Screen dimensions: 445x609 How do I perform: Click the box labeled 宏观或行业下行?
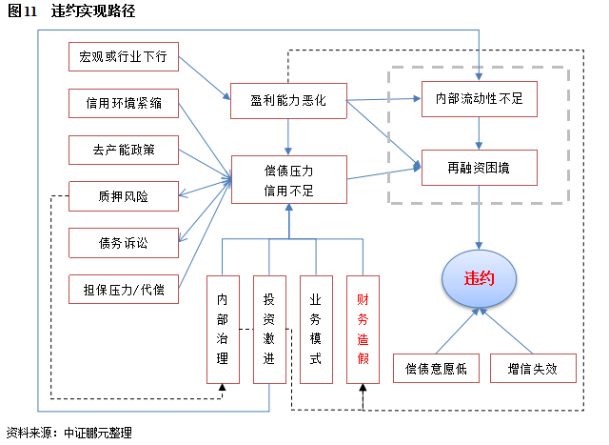124,57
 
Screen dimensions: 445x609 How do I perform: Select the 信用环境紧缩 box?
124,104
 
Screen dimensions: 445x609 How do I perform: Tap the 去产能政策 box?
124,151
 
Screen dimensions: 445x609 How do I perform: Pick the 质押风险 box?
124,196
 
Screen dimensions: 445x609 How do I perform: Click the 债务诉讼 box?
124,242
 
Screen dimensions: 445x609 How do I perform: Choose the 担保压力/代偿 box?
124,289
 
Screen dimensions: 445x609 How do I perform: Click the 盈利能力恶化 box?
288,100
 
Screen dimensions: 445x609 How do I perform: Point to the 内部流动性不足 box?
480,97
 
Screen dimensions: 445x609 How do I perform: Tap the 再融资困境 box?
480,168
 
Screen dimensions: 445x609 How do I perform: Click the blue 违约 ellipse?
479,279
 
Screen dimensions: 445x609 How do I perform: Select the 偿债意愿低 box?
436,369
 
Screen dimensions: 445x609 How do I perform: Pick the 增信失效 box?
533,369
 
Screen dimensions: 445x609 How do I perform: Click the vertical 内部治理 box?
222,329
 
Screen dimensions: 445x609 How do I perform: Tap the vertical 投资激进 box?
269,329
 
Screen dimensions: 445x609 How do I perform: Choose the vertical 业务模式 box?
316,329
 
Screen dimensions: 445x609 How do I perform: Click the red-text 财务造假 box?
363,329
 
